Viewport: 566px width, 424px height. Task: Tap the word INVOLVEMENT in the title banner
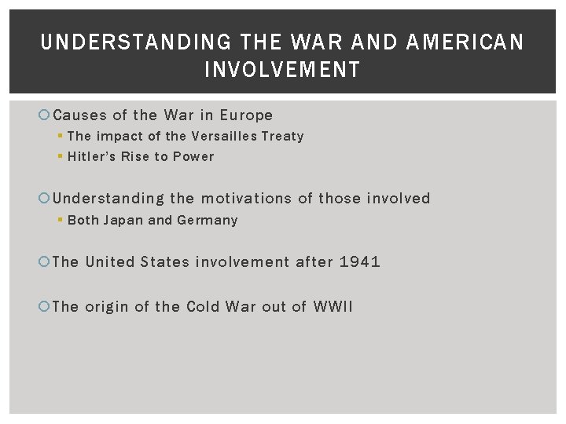pos(282,70)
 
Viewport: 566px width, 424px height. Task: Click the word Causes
pos(79,115)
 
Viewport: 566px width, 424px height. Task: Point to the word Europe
pos(246,115)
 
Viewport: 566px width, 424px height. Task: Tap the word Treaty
pos(282,136)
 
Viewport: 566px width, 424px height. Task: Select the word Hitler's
pos(92,156)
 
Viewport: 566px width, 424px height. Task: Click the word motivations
pos(246,198)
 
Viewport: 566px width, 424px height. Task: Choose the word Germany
pos(207,220)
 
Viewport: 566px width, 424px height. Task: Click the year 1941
pos(360,261)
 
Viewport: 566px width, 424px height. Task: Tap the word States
pos(165,261)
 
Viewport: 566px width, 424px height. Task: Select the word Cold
pos(203,306)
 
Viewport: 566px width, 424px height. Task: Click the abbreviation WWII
pos(333,306)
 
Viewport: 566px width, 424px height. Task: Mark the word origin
pos(106,306)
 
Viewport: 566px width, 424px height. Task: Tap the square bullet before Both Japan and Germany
pos(61,221)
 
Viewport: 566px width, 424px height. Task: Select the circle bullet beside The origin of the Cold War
pos(45,307)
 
